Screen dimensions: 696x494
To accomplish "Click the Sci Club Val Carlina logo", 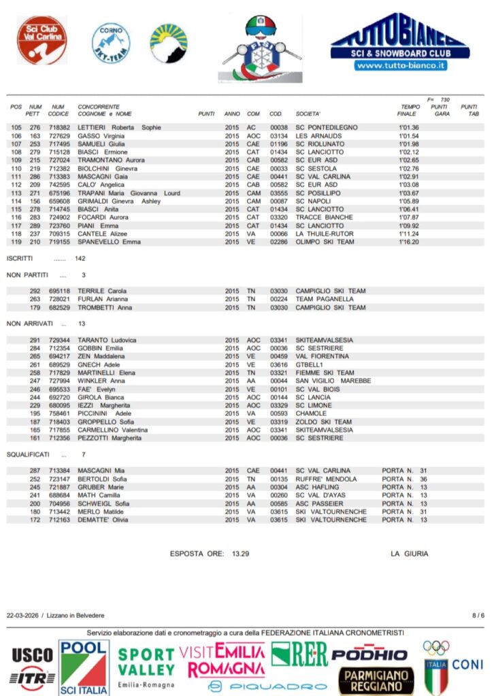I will [x=42, y=40].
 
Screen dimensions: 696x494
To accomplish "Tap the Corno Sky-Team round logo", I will [x=111, y=43].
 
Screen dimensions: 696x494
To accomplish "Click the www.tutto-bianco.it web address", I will [x=400, y=65].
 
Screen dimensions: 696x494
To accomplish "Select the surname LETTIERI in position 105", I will [x=91, y=127].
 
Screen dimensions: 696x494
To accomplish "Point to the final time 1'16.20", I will [x=408, y=242].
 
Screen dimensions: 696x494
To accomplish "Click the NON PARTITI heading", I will [x=27, y=275].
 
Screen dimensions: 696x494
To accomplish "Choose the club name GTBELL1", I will [x=310, y=364].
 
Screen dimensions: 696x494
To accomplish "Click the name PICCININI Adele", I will [x=105, y=413].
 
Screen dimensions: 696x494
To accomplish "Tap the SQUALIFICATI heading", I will [x=28, y=454].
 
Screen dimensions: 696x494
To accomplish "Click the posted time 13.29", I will [x=240, y=554].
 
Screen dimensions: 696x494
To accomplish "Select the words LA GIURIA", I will [x=410, y=554].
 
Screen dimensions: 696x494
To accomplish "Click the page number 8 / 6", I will [x=478, y=615].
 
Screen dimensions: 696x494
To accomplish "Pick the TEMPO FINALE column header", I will [x=410, y=110].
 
